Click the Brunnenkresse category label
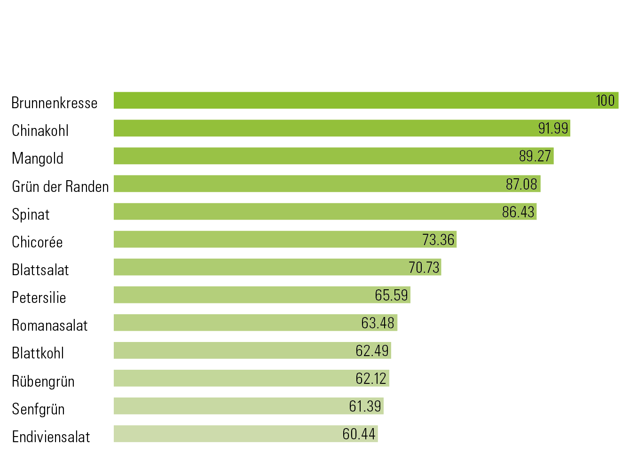point(55,103)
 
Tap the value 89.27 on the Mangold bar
point(535,156)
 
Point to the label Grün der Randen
point(60,187)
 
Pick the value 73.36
point(438,239)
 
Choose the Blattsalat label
point(40,270)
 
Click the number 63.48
point(378,323)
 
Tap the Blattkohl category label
point(38,353)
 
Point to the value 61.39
point(365,406)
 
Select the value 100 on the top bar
point(605,100)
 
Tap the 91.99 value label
point(553,128)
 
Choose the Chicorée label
point(37,242)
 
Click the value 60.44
point(359,434)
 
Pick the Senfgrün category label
point(38,409)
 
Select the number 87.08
point(521,184)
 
